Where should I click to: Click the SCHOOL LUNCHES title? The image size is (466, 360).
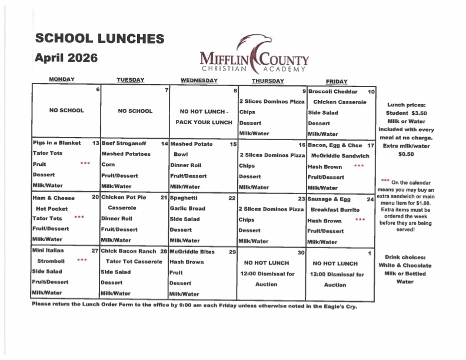click(99, 39)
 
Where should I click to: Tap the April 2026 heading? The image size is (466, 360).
click(66, 58)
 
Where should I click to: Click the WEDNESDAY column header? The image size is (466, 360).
click(199, 80)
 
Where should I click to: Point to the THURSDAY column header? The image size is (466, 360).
click(268, 81)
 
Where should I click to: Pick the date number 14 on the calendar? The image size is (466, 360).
click(165, 144)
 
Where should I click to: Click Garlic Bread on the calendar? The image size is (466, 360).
click(188, 208)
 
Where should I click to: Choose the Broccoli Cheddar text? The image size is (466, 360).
click(332, 91)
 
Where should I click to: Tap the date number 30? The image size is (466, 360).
click(301, 252)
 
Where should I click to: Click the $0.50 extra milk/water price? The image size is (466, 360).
click(407, 154)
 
